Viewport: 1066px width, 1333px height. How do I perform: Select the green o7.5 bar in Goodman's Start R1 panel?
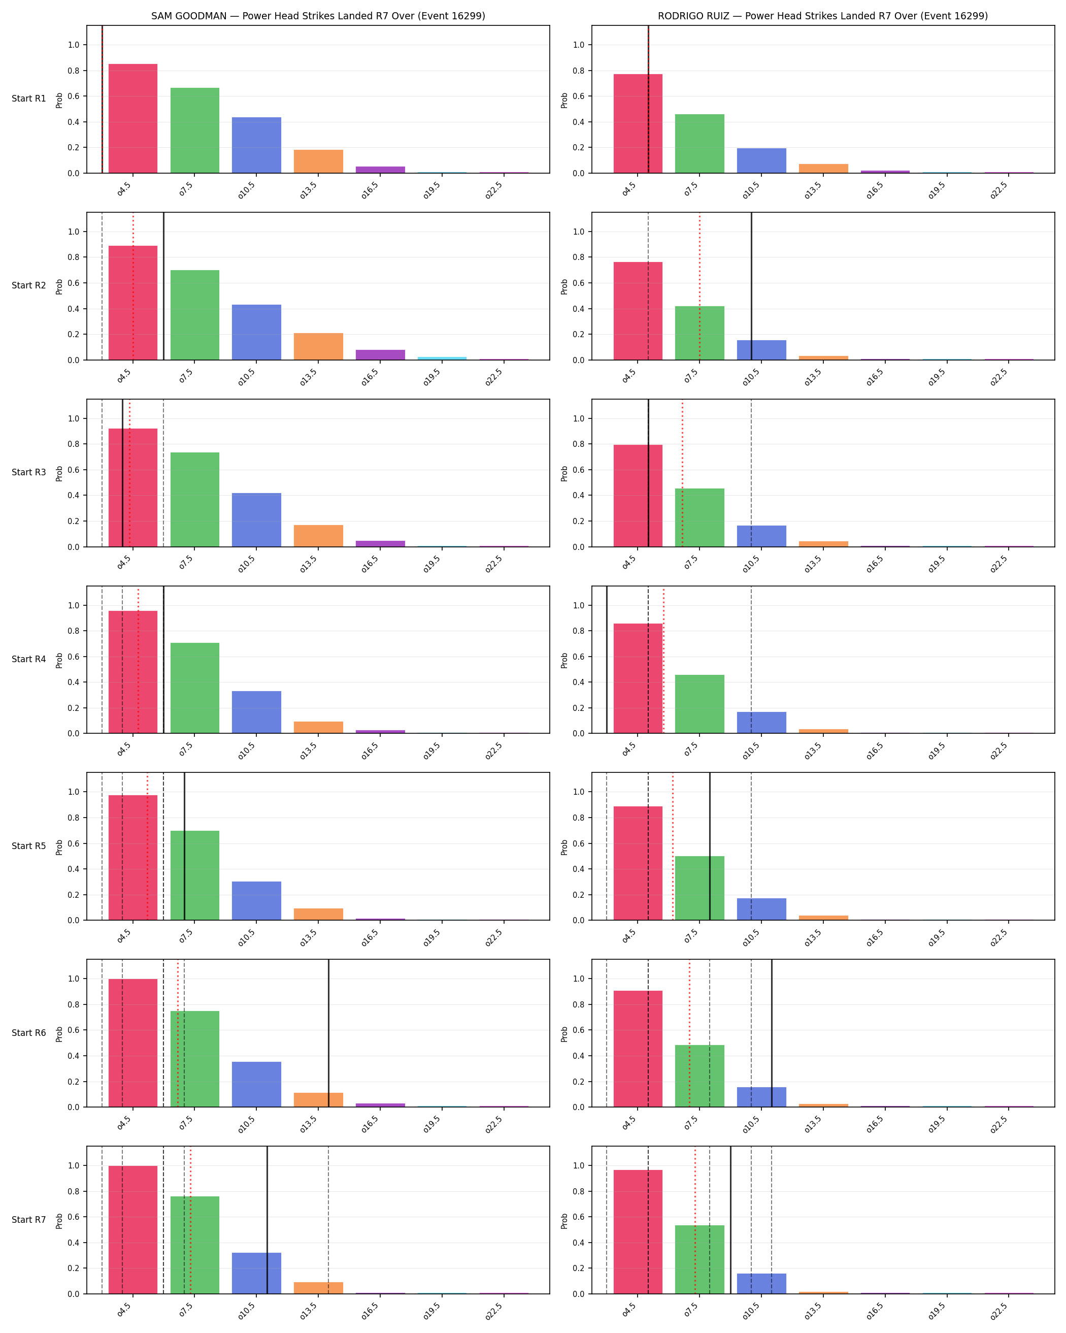[x=194, y=131]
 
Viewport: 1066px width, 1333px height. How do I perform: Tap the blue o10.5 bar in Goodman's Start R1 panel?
[x=256, y=145]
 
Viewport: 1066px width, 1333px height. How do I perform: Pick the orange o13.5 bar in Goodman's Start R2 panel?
[x=318, y=347]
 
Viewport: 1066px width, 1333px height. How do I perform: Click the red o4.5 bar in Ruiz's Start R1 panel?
[x=638, y=124]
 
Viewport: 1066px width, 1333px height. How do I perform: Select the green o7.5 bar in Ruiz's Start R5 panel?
[x=699, y=889]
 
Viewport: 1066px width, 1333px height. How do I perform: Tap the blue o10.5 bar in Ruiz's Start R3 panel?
[x=761, y=536]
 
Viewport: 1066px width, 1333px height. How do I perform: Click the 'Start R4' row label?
[x=29, y=659]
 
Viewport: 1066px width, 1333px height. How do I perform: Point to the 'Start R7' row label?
[x=29, y=1220]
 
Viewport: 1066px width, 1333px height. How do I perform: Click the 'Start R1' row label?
[x=29, y=99]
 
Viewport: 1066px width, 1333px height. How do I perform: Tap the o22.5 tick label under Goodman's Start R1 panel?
[x=494, y=190]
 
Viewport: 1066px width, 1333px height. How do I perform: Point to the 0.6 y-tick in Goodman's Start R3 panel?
[x=74, y=470]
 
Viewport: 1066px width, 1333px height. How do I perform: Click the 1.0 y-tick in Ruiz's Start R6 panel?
[x=578, y=979]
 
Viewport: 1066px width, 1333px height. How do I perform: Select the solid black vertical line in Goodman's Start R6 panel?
[x=328, y=1033]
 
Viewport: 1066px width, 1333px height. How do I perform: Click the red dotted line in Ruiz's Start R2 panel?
[x=699, y=286]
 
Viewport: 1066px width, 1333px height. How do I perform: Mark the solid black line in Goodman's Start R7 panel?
[x=267, y=1220]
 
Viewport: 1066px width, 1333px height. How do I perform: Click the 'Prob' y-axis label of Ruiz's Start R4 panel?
[x=564, y=660]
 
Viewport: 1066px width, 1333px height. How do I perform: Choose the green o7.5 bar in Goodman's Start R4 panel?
[x=194, y=688]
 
